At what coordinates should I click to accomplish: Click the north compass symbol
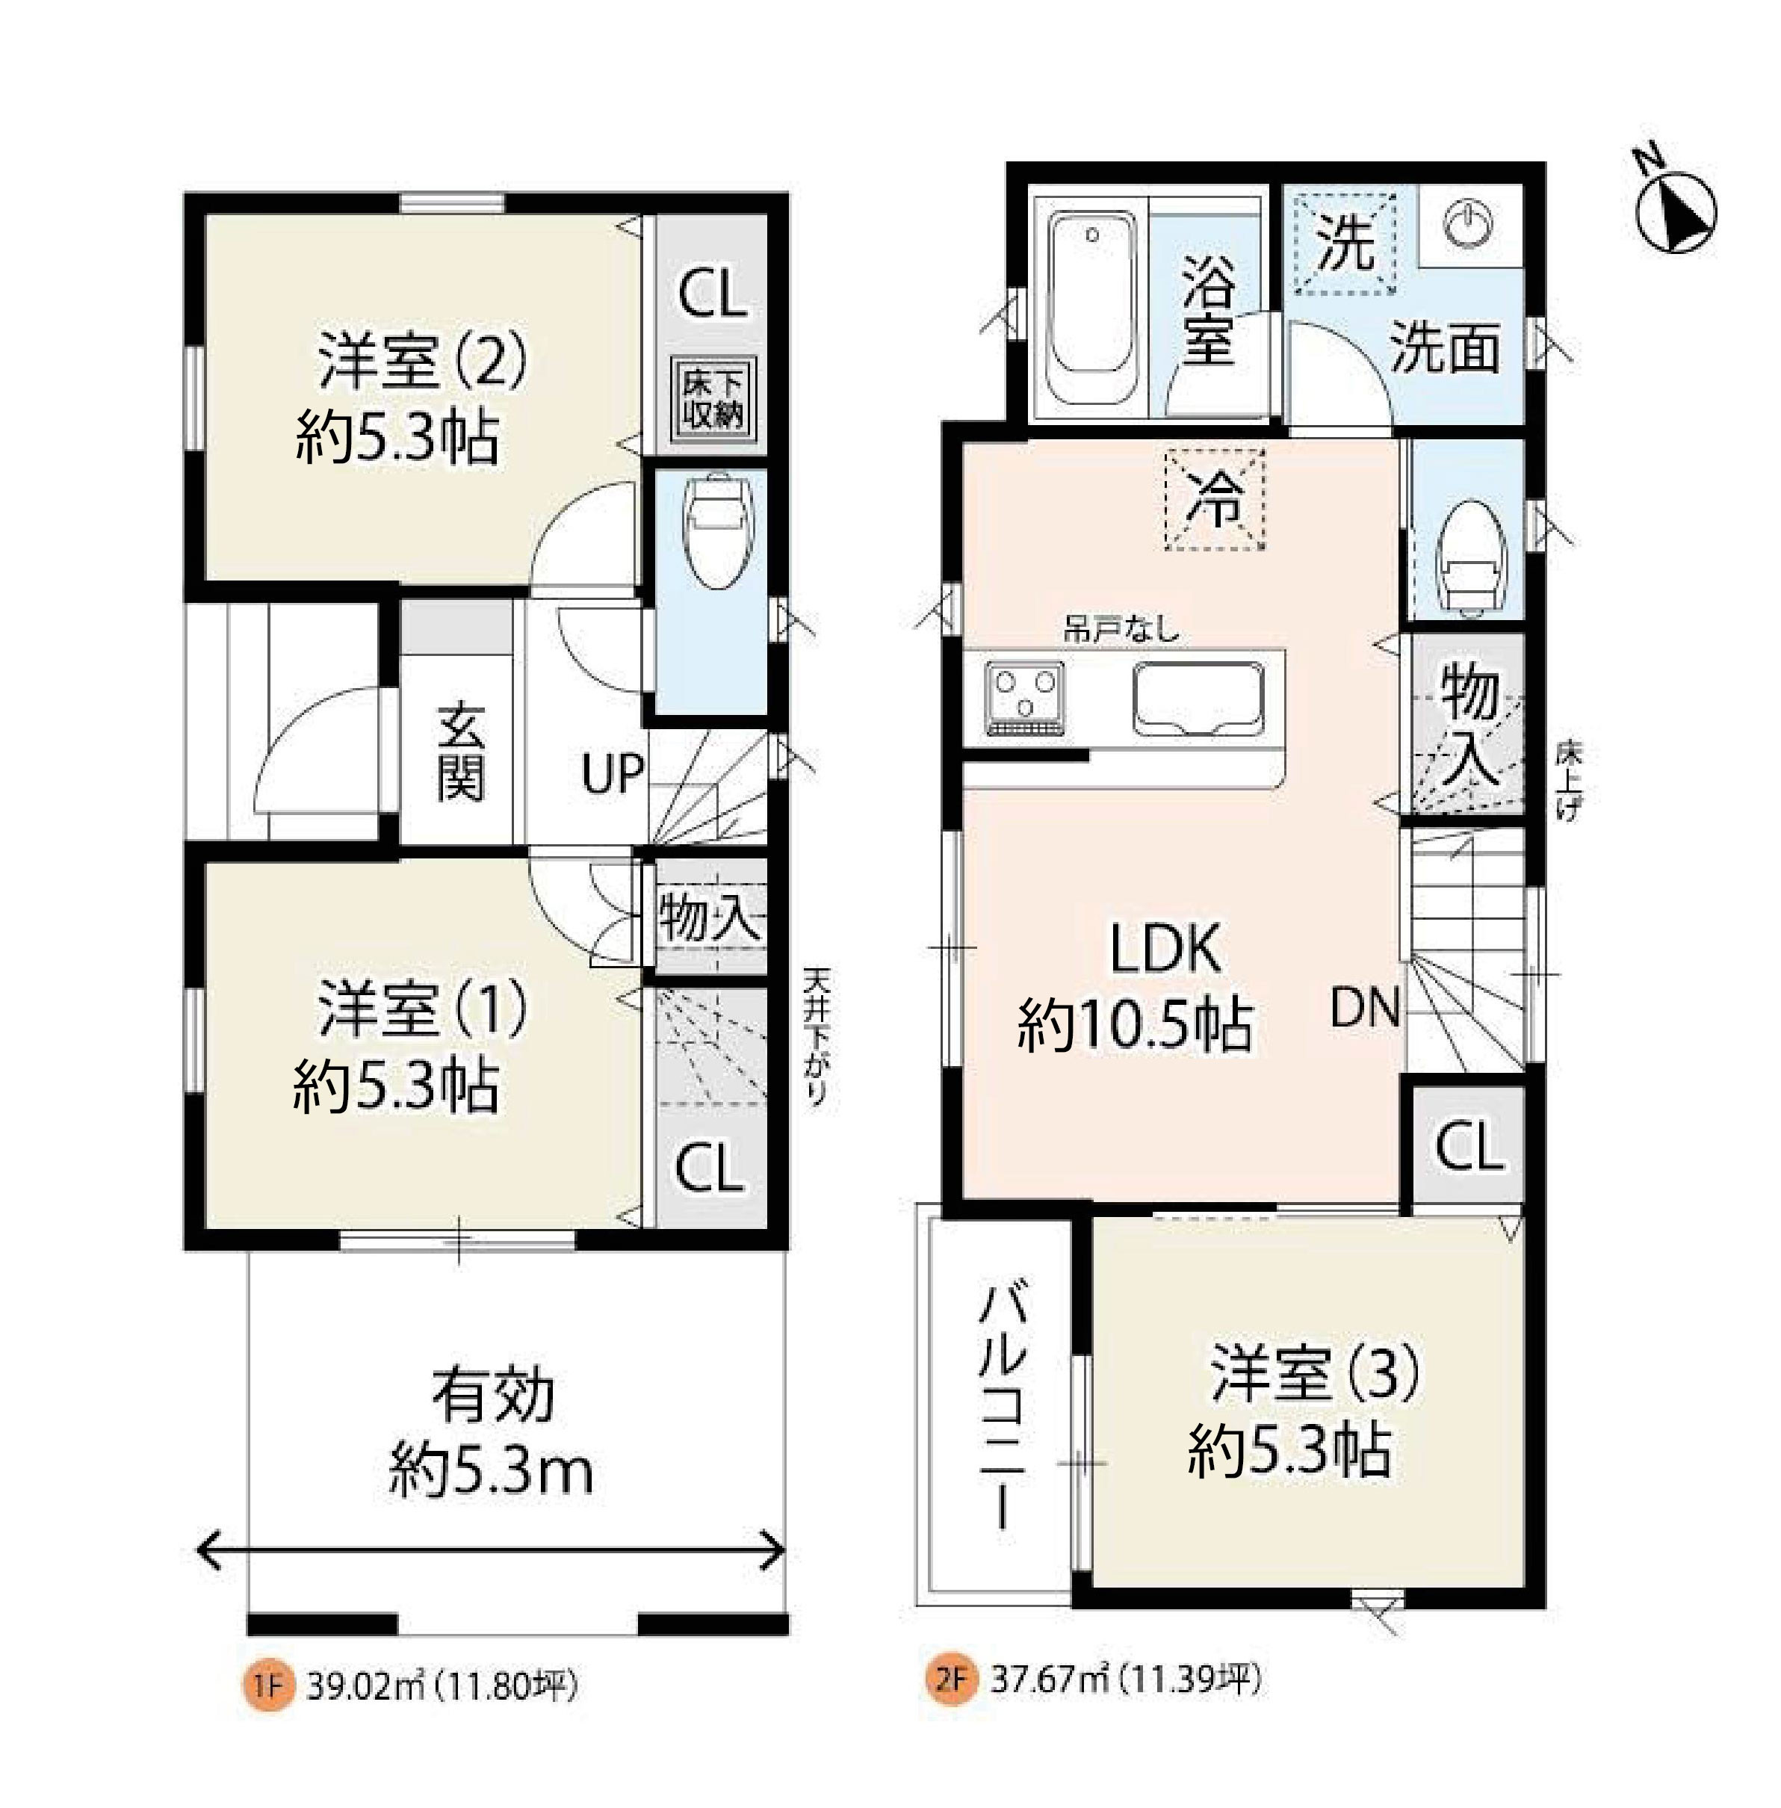click(x=1676, y=211)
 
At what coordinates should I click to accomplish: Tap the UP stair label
click(x=613, y=775)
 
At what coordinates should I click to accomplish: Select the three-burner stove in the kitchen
click(x=1024, y=698)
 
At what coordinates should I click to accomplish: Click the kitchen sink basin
click(x=1198, y=698)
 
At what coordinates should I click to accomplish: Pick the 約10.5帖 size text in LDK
click(x=1134, y=1026)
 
